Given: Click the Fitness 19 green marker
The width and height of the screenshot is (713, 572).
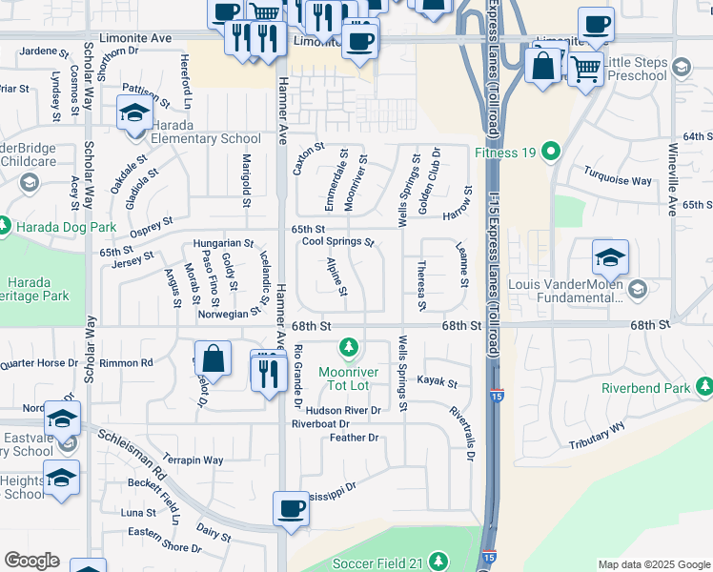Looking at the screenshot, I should (550, 152).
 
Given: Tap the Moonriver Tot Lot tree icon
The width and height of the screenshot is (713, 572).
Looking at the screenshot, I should (350, 345).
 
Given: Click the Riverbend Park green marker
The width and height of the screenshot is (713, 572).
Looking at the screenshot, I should (705, 386).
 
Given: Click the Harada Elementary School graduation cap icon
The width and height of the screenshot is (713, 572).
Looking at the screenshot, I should (133, 113).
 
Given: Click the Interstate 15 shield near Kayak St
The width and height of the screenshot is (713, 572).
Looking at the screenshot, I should (499, 394).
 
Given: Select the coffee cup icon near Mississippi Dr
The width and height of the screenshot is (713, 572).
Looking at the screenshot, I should (291, 508).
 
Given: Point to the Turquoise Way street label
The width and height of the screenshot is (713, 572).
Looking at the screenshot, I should (620, 180).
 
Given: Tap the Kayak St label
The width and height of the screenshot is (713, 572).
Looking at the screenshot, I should (438, 384).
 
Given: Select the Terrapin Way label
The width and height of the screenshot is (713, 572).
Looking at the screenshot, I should (193, 460).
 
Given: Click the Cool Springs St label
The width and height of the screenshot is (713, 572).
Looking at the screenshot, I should (337, 242).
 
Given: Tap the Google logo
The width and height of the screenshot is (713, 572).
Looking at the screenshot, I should (32, 561).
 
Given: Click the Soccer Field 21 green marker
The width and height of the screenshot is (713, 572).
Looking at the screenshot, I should (438, 561).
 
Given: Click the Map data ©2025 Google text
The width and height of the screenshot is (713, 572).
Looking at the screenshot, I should (654, 564).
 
